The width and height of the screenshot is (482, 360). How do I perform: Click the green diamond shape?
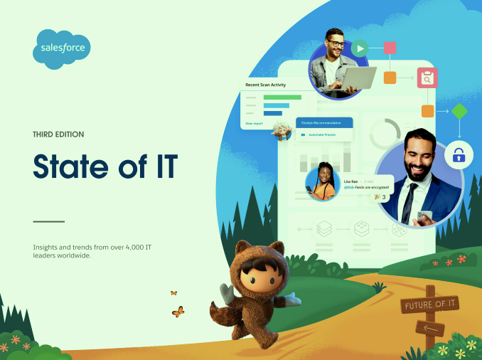tap(459, 111)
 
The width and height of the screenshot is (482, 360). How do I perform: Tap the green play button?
tap(360, 48)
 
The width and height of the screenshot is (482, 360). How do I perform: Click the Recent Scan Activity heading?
tap(265, 85)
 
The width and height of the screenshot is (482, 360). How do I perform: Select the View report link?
tap(254, 123)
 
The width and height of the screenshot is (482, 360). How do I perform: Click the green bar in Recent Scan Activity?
tap(282, 97)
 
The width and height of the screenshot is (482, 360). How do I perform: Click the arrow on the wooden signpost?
tap(430, 328)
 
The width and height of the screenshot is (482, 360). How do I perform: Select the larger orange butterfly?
tap(178, 312)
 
